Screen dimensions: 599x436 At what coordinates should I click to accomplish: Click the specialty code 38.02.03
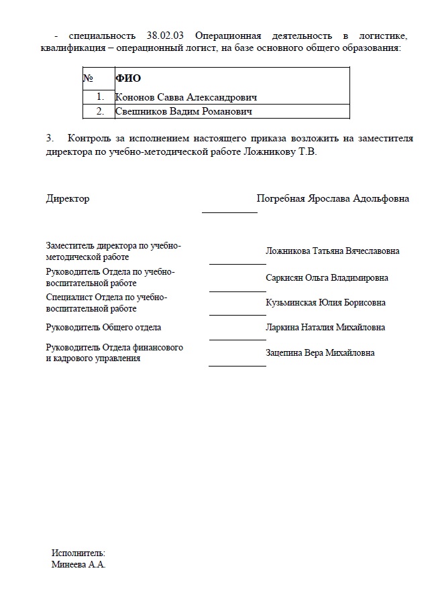164,35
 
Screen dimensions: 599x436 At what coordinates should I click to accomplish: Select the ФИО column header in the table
128,78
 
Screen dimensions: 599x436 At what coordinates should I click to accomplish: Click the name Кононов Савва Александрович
186,97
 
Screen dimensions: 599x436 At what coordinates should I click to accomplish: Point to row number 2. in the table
101,112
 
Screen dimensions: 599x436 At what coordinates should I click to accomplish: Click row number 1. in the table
101,97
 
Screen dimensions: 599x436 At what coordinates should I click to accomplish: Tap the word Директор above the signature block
67,198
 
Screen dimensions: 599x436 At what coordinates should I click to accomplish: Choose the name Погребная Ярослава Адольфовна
333,198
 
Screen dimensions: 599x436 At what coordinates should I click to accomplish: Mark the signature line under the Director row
229,212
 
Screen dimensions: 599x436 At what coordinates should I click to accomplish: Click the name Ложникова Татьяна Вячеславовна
332,251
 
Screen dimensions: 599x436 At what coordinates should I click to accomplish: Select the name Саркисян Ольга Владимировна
327,277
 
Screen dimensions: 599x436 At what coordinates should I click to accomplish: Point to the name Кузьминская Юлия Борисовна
325,302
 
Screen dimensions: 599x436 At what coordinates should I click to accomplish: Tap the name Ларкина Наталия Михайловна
325,328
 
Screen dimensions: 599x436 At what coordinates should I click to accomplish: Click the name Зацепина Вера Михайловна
320,353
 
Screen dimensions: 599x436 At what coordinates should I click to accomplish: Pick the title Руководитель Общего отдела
103,328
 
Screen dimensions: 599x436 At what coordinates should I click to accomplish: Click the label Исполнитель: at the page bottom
78,553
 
